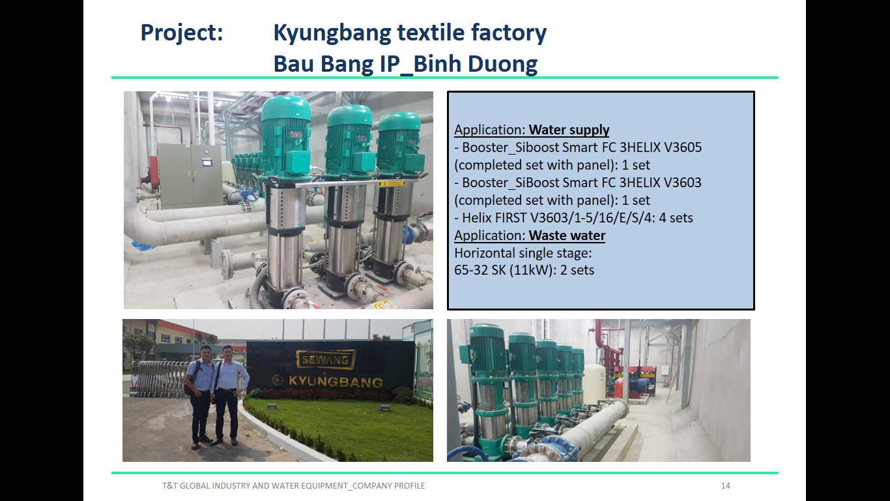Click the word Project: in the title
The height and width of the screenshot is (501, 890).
coord(182,33)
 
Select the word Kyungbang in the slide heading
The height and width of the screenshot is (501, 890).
coord(332,33)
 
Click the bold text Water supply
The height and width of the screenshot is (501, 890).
coord(569,130)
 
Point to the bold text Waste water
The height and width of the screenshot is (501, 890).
coord(567,235)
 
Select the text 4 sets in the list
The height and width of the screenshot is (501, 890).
coord(676,218)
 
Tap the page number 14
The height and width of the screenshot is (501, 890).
coord(726,486)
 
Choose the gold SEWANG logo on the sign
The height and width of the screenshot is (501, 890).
coord(326,359)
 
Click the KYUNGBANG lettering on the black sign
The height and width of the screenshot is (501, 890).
coord(336,382)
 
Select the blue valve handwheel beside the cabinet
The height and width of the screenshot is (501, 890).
coord(250,194)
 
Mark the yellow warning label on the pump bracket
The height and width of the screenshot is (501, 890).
coord(392,184)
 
